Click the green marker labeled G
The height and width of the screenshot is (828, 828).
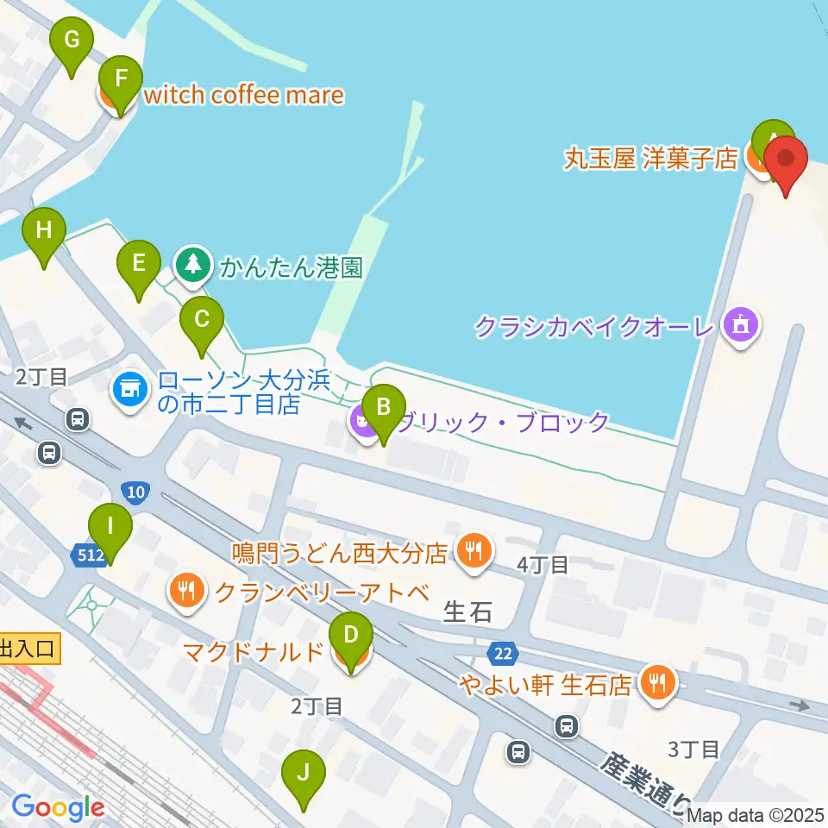coord(72,40)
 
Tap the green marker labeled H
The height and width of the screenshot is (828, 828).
coord(44,230)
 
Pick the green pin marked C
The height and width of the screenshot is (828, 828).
coord(201,320)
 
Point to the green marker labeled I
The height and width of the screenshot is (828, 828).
coord(110,526)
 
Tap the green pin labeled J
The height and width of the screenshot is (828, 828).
coord(303,773)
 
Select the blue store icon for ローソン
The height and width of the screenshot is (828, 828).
coord(129,389)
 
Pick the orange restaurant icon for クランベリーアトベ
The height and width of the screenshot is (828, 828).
coord(186,591)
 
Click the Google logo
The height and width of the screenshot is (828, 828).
coord(58,808)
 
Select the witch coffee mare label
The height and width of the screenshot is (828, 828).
coord(243,95)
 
